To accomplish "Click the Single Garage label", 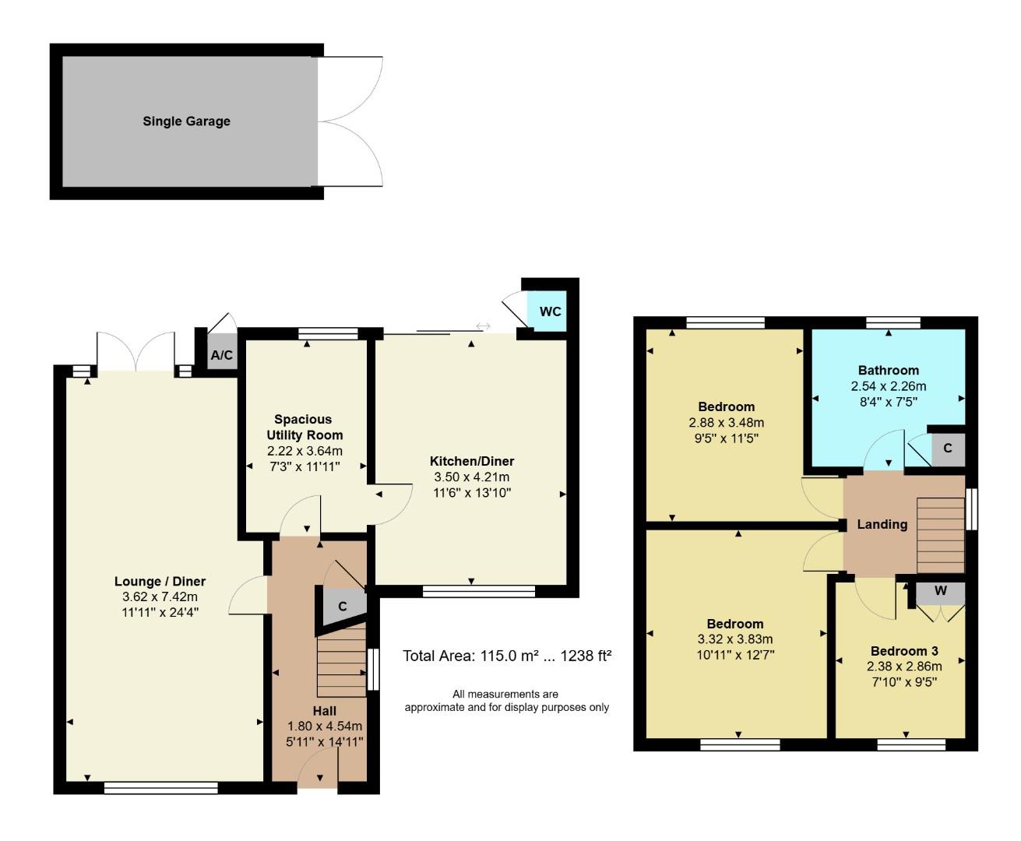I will (x=186, y=121).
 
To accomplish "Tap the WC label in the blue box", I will (x=550, y=311).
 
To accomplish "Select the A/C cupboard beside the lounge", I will (x=221, y=356).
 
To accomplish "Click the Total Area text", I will (x=507, y=656).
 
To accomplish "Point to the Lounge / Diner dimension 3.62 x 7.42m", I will (x=160, y=596).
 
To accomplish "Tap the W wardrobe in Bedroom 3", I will (x=940, y=592).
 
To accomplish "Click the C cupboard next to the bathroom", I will (x=947, y=449).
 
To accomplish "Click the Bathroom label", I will (x=888, y=371).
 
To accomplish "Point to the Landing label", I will (x=882, y=525).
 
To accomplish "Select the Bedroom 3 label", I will (x=903, y=651).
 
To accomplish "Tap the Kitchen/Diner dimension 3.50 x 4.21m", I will (x=472, y=477).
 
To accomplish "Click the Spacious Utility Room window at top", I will (x=328, y=333).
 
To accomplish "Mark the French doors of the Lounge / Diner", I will (x=136, y=352).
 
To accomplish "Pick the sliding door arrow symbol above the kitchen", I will (x=483, y=326).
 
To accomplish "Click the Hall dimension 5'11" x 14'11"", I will (x=324, y=742).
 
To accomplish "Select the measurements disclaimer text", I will (x=506, y=701).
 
